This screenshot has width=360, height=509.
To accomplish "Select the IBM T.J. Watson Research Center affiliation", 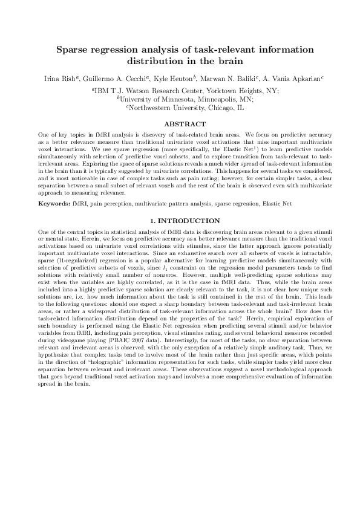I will (x=145, y=90).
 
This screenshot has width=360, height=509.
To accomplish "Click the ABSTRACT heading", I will (x=180, y=124).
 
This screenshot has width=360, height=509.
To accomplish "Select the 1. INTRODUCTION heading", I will (x=180, y=221).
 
